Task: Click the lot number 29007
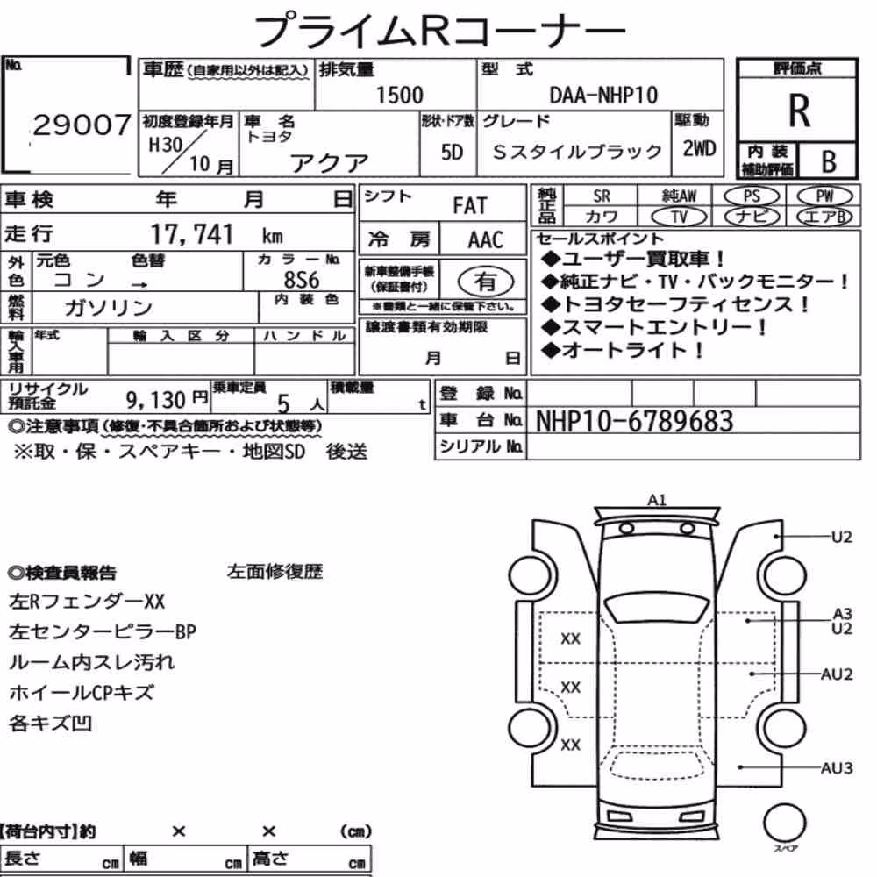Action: click(82, 125)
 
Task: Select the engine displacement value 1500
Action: click(399, 95)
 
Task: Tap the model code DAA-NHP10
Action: click(603, 95)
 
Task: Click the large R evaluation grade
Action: click(799, 111)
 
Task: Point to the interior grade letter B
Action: click(829, 161)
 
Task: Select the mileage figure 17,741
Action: click(192, 234)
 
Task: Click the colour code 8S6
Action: click(302, 279)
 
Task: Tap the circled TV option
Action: click(679, 217)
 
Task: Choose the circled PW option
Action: click(824, 196)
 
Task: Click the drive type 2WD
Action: click(699, 149)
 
